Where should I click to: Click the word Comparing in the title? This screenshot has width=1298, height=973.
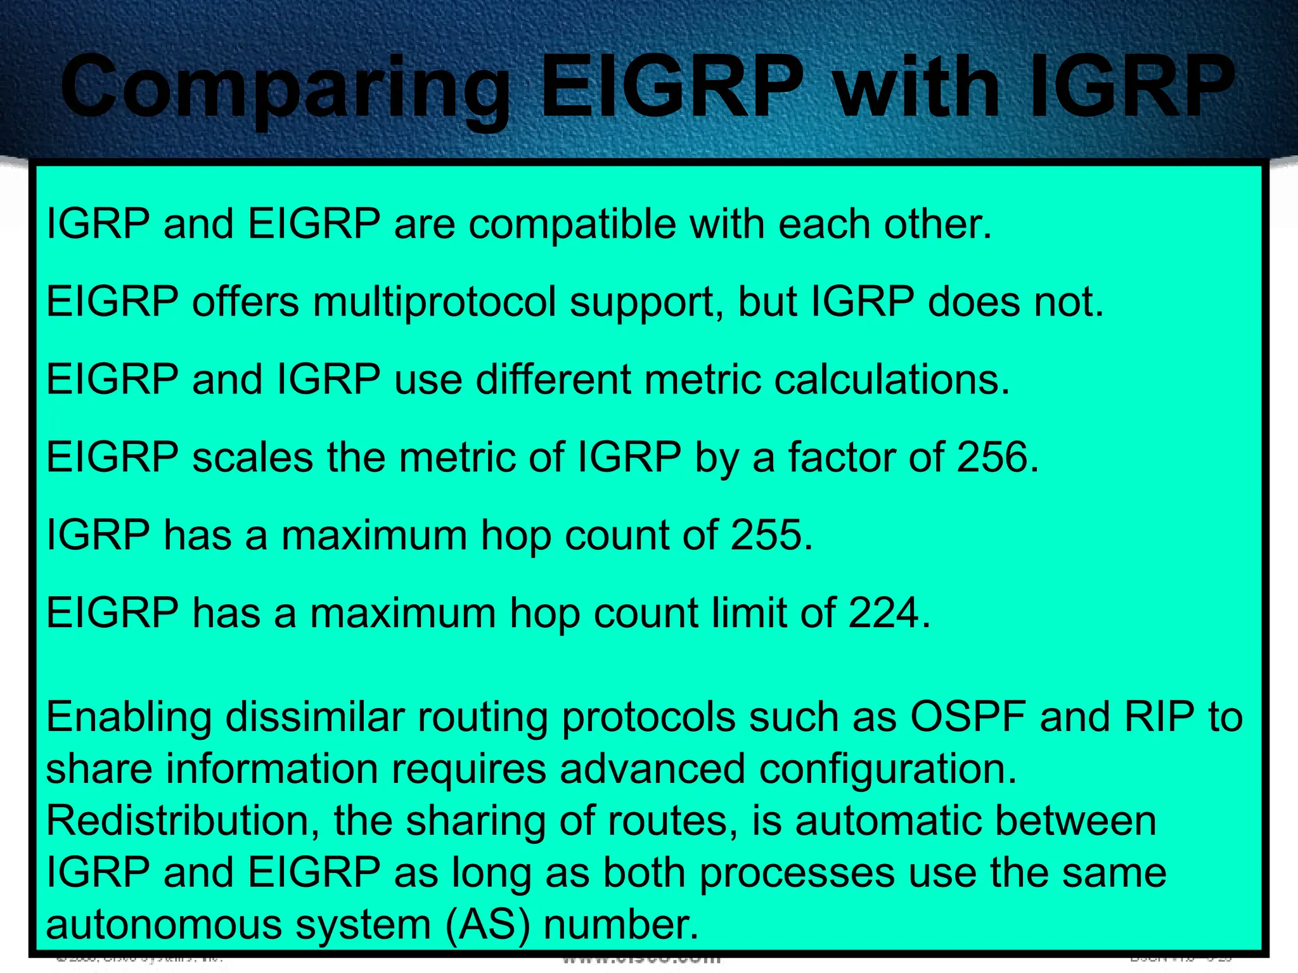[x=285, y=89]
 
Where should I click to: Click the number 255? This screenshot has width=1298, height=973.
[x=771, y=535]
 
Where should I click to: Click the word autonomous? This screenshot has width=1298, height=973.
[x=164, y=924]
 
